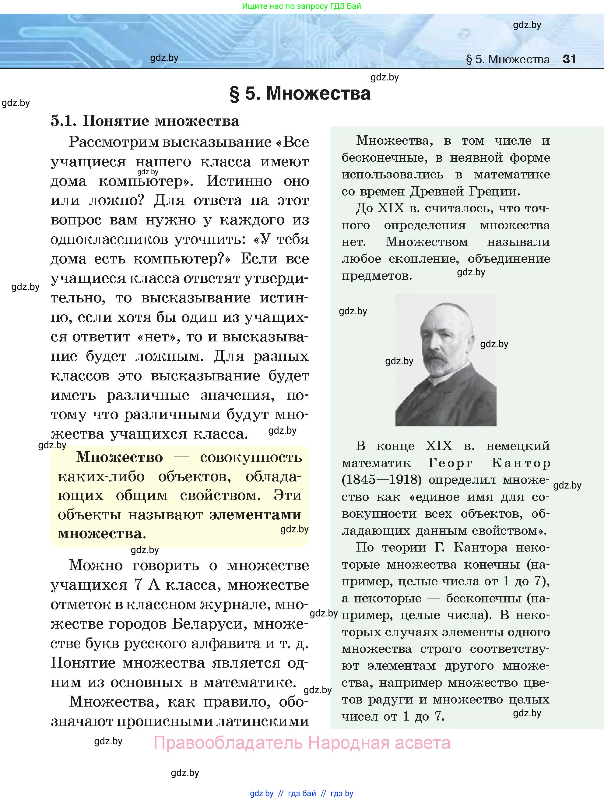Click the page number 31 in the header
tap(569, 59)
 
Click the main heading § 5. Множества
tap(300, 94)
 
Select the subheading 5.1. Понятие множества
tap(145, 121)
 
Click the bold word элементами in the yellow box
tap(255, 515)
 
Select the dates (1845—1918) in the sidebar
tap(382, 480)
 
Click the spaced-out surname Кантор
tap(520, 463)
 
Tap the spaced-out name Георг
tap(451, 463)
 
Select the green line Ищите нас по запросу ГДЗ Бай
tap(301, 6)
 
